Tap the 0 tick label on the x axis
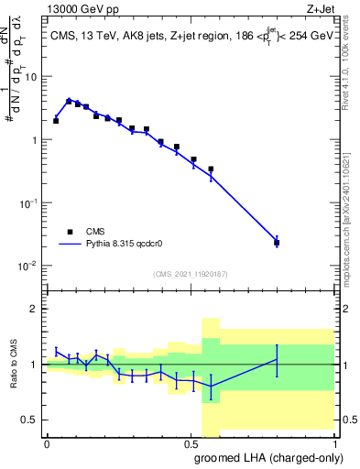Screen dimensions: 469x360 (47, 443)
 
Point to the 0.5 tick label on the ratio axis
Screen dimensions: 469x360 (31, 420)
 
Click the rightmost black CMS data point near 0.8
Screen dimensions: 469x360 (277, 243)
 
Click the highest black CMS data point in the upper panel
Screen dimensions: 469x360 (69, 102)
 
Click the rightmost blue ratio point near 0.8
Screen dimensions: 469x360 (277, 360)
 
